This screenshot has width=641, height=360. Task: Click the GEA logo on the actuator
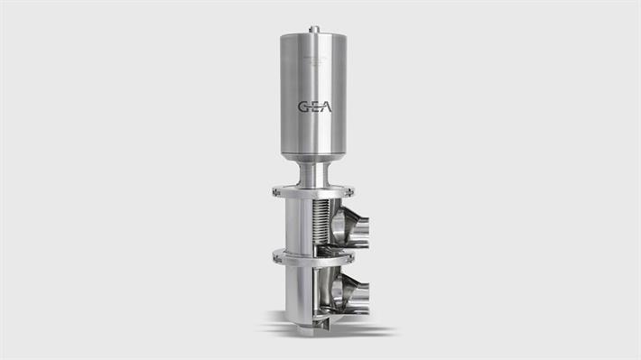coord(314,106)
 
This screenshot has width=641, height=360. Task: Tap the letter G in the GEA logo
coord(303,106)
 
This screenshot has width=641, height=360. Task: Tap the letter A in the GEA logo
coord(325,106)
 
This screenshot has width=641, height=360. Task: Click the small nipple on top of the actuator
coord(313,29)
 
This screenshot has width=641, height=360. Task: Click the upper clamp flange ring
coord(312,192)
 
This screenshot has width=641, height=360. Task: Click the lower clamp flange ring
coord(312,256)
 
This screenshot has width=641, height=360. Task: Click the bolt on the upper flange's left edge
coord(274,190)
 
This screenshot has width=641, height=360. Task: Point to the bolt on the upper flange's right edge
coord(350,190)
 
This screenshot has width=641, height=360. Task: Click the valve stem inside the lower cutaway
coord(319,289)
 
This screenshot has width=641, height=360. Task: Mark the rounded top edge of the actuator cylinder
coord(313,37)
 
